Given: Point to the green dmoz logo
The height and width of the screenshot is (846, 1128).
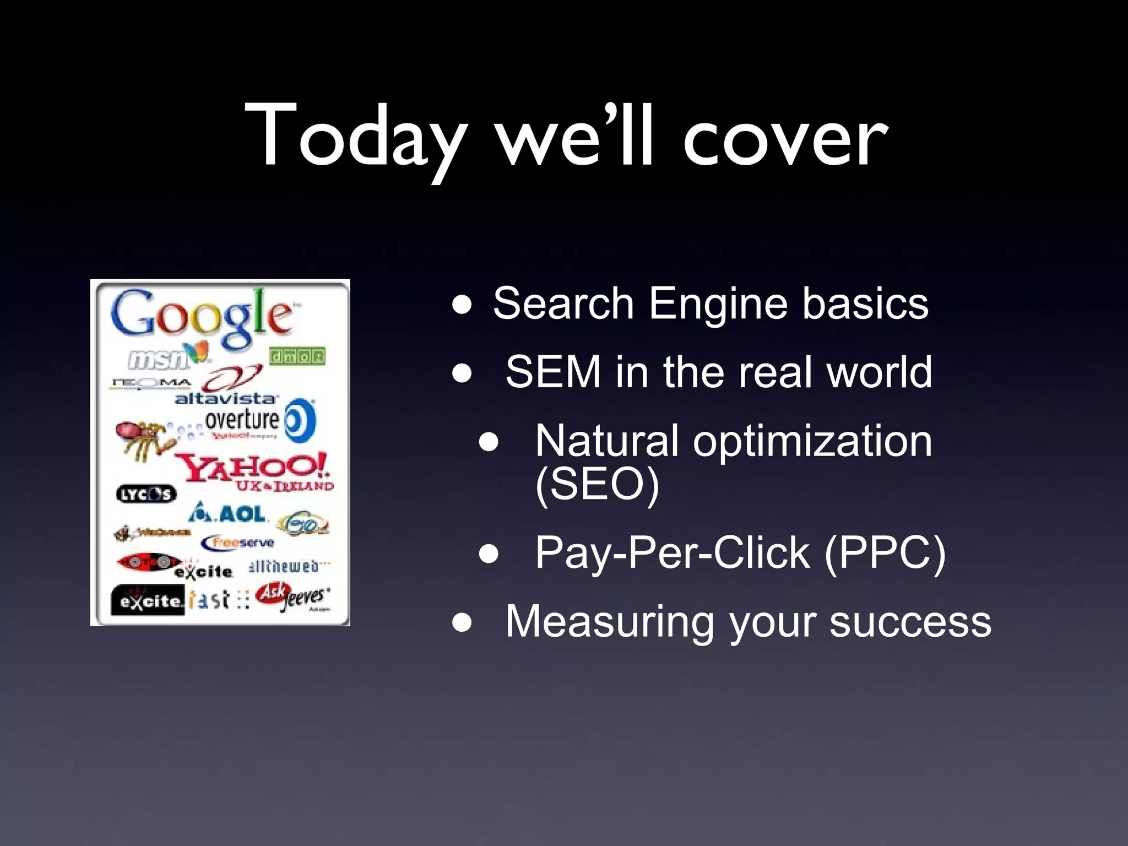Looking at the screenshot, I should (x=297, y=356).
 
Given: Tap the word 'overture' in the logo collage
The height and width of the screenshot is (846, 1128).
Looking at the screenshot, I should (x=242, y=420).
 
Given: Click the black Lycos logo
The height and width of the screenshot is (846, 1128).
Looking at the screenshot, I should (x=146, y=494).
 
